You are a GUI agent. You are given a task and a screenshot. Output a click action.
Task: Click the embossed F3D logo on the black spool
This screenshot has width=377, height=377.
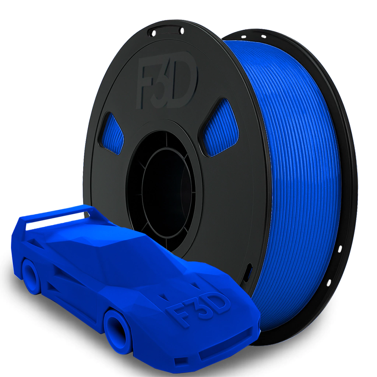166,83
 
